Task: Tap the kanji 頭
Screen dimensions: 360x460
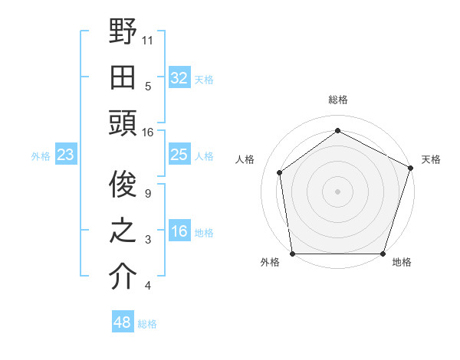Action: (123, 122)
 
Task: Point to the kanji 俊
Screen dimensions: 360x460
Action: (123, 185)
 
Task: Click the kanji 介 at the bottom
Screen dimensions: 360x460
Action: (123, 277)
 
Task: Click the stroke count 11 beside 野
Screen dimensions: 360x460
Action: (148, 39)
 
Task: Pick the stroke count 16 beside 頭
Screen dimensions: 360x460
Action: (148, 132)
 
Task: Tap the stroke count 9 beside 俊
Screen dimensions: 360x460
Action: (148, 194)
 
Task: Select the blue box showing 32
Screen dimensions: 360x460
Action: (179, 77)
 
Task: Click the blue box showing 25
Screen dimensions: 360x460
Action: (179, 155)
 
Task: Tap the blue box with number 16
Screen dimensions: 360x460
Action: (179, 232)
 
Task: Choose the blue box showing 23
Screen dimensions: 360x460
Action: (65, 155)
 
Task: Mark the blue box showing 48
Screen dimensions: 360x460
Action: (122, 322)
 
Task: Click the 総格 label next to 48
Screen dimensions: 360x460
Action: (148, 324)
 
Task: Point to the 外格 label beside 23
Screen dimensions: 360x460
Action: (41, 156)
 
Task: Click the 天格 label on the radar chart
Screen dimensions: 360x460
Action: (431, 159)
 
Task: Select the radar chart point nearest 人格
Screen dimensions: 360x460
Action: (280, 172)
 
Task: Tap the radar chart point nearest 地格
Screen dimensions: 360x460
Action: (383, 254)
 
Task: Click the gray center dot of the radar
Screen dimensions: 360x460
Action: (337, 191)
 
